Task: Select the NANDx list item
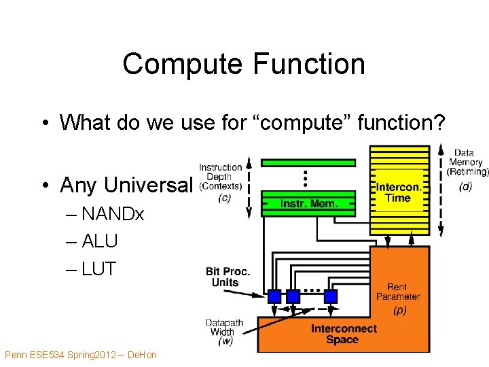click(x=112, y=214)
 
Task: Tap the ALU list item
click(x=99, y=241)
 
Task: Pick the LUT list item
click(x=98, y=268)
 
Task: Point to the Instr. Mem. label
click(x=308, y=204)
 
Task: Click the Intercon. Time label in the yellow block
click(x=398, y=192)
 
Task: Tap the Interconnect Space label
click(x=344, y=334)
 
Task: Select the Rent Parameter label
click(x=398, y=292)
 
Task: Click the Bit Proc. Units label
click(x=228, y=277)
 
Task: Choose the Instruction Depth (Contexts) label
click(x=220, y=177)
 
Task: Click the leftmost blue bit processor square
click(x=274, y=296)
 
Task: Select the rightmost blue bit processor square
click(x=331, y=296)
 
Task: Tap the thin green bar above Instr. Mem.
click(x=308, y=162)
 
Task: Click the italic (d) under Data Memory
click(x=465, y=186)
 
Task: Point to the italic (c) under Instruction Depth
click(x=223, y=198)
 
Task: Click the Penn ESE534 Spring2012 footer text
click(x=80, y=355)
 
